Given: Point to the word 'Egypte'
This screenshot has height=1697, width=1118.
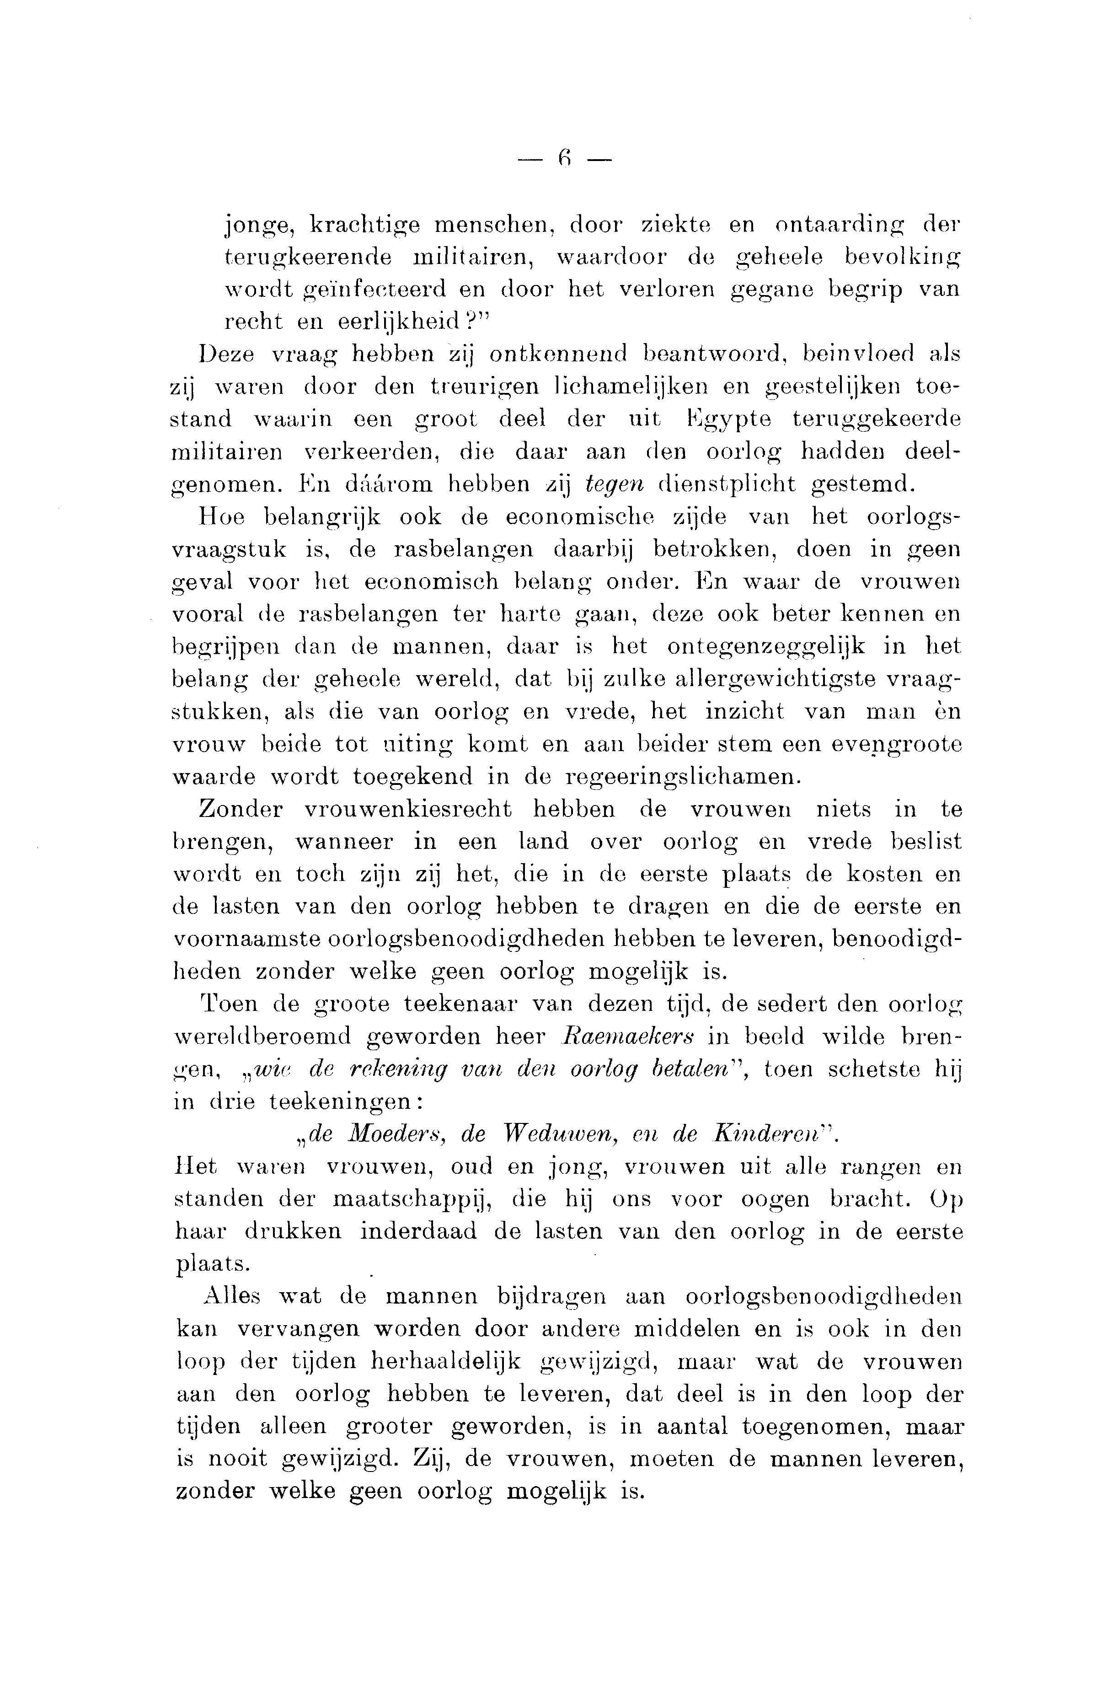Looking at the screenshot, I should coord(727,419).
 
